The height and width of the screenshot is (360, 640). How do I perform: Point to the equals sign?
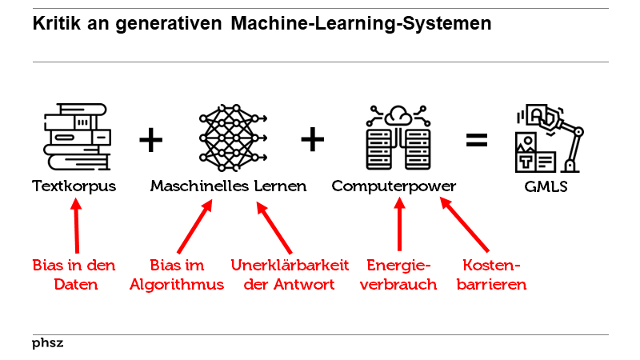(477, 141)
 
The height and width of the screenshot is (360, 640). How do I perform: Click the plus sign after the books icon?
(150, 141)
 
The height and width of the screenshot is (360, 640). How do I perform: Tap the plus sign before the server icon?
(313, 141)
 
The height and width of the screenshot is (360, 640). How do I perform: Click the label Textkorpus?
(74, 186)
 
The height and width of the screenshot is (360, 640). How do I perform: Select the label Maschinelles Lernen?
(229, 186)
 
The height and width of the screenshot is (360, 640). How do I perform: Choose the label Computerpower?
(394, 186)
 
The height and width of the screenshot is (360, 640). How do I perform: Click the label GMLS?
(547, 186)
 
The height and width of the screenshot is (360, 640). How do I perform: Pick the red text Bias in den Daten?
(74, 274)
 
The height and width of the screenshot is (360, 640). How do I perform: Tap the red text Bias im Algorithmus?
(177, 274)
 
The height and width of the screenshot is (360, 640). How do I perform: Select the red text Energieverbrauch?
(398, 274)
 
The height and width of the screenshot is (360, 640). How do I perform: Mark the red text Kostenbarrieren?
(491, 274)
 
